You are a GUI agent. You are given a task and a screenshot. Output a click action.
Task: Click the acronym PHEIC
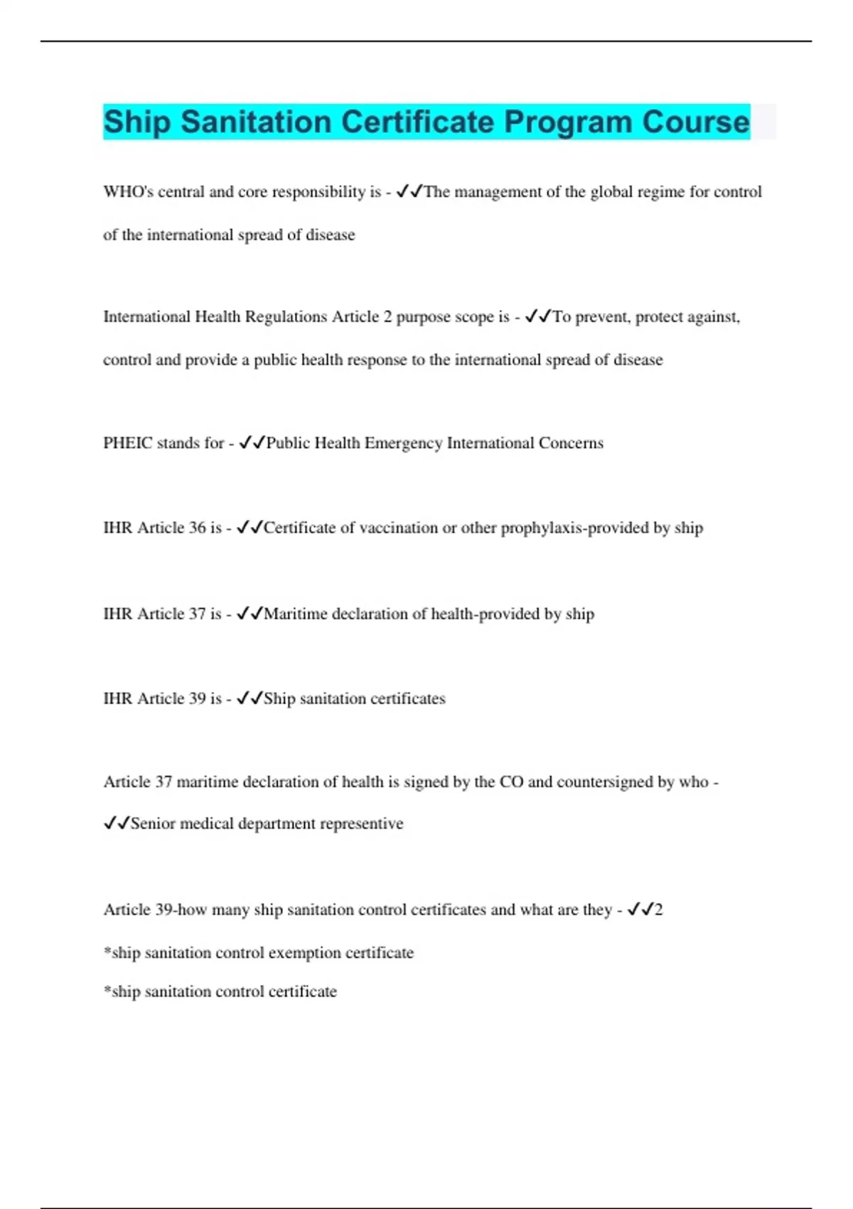128,443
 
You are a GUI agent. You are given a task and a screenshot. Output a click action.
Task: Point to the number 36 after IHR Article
197,528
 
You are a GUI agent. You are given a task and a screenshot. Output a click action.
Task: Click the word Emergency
403,443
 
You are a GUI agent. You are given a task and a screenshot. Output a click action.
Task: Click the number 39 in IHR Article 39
197,698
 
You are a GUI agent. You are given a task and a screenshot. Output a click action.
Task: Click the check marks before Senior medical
117,824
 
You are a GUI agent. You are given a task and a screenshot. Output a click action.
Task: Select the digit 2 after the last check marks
658,910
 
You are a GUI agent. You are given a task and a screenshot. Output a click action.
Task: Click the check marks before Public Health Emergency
252,443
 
